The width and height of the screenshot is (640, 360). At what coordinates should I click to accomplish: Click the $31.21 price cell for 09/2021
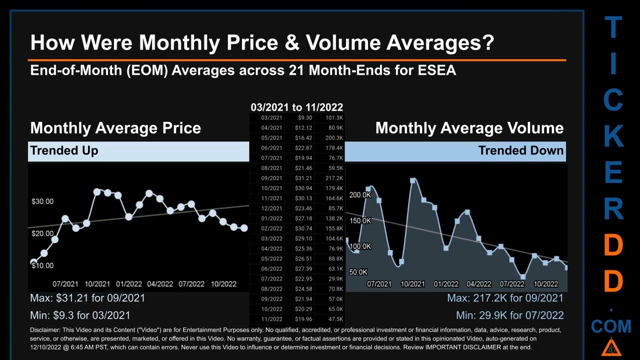pyautogui.click(x=304, y=178)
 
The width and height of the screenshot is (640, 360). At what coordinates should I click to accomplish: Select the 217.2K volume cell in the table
pyautogui.click(x=333, y=178)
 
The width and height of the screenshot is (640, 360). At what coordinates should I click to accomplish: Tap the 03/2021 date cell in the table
pyautogui.click(x=271, y=118)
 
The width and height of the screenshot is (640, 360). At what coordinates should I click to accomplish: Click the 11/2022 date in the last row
pyautogui.click(x=271, y=319)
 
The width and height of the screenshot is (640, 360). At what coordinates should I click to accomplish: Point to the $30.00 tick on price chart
pyautogui.click(x=42, y=201)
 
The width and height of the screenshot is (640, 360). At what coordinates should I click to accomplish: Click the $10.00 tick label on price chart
pyautogui.click(x=42, y=265)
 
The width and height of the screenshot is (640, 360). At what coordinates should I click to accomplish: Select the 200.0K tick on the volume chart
pyautogui.click(x=360, y=195)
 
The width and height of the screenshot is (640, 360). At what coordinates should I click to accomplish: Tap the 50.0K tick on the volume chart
pyautogui.click(x=358, y=272)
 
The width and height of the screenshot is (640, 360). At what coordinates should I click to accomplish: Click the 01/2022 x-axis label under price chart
pyautogui.click(x=129, y=284)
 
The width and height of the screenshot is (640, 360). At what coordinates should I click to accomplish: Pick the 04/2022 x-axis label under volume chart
pyautogui.click(x=478, y=284)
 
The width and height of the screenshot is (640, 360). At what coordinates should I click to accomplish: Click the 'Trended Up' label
pyautogui.click(x=64, y=150)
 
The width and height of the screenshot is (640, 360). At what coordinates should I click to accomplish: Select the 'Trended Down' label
pyautogui.click(x=520, y=150)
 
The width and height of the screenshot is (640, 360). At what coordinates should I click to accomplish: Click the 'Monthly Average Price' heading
pyautogui.click(x=115, y=128)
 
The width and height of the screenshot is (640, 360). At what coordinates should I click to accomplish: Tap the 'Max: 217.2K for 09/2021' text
pyautogui.click(x=505, y=298)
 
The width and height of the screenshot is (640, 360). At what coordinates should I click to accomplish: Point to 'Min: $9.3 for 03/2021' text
pyautogui.click(x=80, y=315)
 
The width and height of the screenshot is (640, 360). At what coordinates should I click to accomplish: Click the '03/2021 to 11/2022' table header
pyautogui.click(x=296, y=107)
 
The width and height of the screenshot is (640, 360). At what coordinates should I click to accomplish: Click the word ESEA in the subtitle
pyautogui.click(x=436, y=70)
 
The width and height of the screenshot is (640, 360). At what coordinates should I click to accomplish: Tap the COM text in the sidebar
pyautogui.click(x=611, y=327)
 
